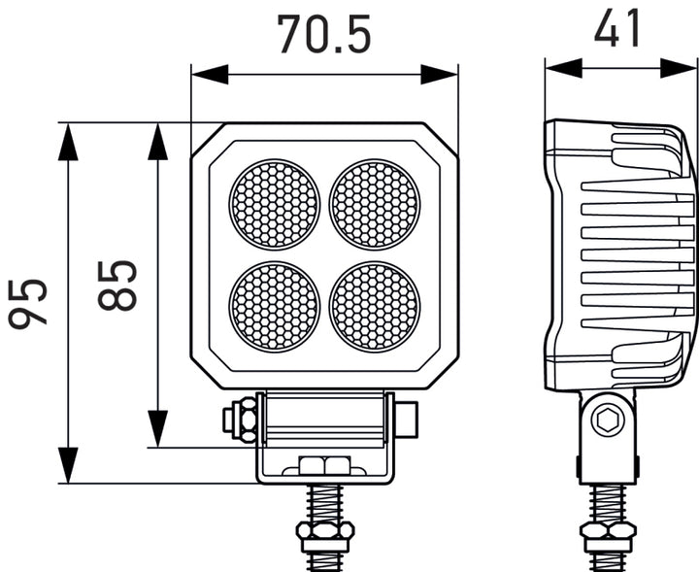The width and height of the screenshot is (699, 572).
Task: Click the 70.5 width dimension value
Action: point(324,34)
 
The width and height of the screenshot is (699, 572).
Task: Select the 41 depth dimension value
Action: point(617,29)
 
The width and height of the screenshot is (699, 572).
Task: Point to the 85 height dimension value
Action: point(117,285)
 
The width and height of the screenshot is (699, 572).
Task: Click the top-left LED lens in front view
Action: point(275,204)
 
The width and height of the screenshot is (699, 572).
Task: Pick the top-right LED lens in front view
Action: point(375,204)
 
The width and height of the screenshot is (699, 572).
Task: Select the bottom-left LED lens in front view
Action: point(275,306)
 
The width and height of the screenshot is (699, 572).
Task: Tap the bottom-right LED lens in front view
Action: point(375,306)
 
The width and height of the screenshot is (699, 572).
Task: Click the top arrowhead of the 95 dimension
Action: point(68,142)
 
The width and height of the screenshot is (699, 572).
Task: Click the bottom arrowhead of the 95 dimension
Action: point(68,464)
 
